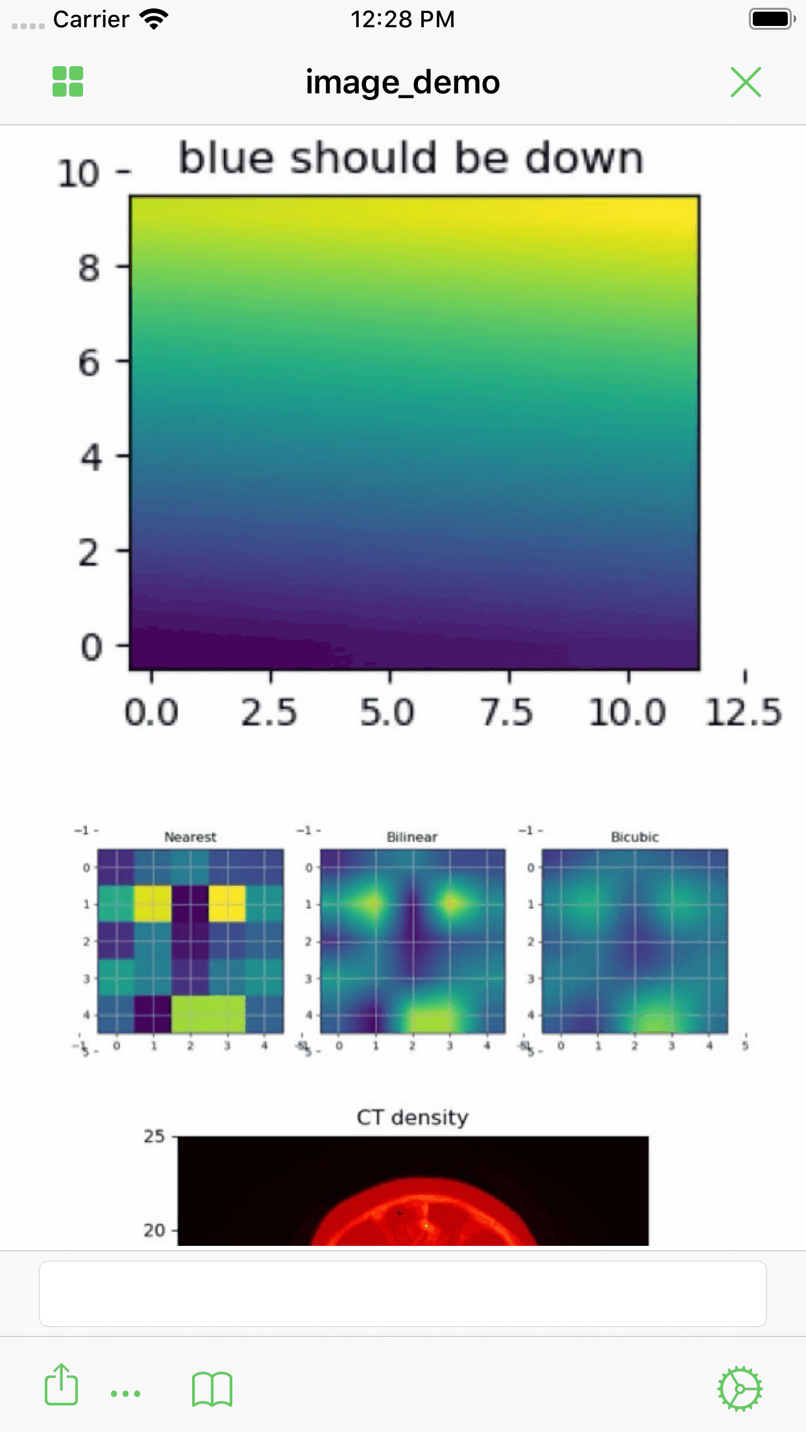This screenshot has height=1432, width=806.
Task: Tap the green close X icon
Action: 746,82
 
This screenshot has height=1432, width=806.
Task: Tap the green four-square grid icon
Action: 68,82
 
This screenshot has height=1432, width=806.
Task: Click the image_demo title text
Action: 403,82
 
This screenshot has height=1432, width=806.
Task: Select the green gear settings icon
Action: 740,1389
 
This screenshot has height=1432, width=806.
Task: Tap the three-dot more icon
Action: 125,1393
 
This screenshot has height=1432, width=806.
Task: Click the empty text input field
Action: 403,1294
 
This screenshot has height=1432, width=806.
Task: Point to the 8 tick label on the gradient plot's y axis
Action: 90,268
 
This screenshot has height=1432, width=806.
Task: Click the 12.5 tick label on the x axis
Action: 744,712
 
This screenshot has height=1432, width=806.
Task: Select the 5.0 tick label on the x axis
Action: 387,712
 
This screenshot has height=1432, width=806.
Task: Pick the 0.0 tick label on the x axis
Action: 151,712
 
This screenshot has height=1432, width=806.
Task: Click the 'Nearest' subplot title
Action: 190,837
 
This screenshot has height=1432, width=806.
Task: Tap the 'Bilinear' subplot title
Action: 412,837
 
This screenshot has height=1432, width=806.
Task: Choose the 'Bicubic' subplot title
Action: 635,837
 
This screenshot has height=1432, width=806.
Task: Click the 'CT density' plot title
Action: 413,1117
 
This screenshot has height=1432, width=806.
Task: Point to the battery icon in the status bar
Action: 772,19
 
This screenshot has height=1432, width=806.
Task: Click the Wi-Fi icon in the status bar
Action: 154,19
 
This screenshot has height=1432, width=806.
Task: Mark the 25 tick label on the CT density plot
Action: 154,1136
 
